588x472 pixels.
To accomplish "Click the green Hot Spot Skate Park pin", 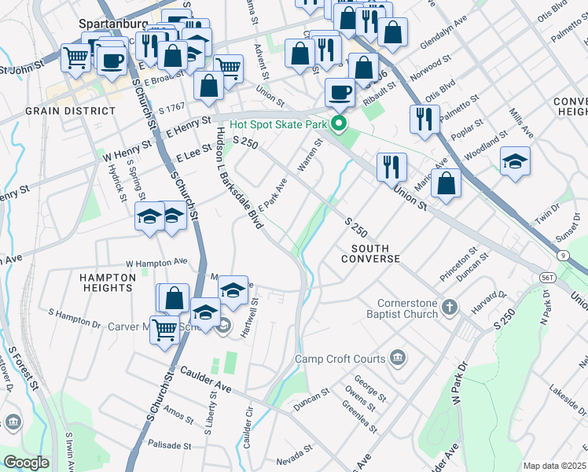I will point(339,124).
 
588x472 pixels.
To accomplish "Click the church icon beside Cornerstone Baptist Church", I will point(449,305).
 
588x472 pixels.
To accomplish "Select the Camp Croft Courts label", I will point(340,360).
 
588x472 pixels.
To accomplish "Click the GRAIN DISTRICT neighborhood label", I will point(60,111).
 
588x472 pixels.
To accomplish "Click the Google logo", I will point(26,463).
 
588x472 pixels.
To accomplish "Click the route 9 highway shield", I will point(564,256).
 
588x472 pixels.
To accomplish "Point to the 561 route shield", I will point(548,278).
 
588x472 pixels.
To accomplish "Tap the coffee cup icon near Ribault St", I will point(340,93).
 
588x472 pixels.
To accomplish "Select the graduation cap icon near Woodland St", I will point(515,162).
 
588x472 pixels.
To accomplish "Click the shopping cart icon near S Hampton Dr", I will point(164,330).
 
